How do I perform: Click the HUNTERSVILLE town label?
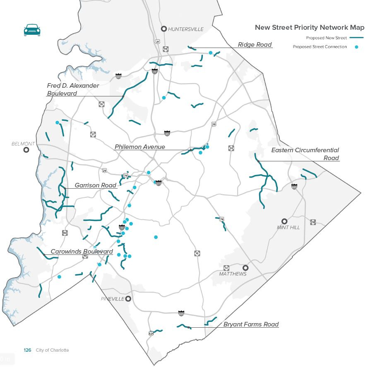coord(186,29)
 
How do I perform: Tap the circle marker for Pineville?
coord(128,299)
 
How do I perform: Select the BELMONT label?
coord(23,144)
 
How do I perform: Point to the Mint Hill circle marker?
coord(284,221)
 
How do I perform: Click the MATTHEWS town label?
coord(233,274)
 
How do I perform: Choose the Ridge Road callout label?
coord(255,45)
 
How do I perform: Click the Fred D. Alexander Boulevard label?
coord(73,89)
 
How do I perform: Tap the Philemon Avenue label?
coord(140,147)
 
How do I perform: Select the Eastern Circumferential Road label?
coord(305,154)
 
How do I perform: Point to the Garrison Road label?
coord(96,185)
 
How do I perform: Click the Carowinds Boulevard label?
coord(82,252)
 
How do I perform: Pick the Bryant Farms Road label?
coord(251,324)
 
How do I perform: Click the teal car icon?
coord(32,30)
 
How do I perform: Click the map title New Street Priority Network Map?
coord(309,28)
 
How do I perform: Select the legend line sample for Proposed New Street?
coord(356,38)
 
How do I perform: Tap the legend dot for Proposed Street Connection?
coord(356,47)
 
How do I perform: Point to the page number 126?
coord(27,350)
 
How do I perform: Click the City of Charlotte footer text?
coord(52,350)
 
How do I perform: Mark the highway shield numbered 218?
coord(313,222)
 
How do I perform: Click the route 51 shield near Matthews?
coord(226,268)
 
